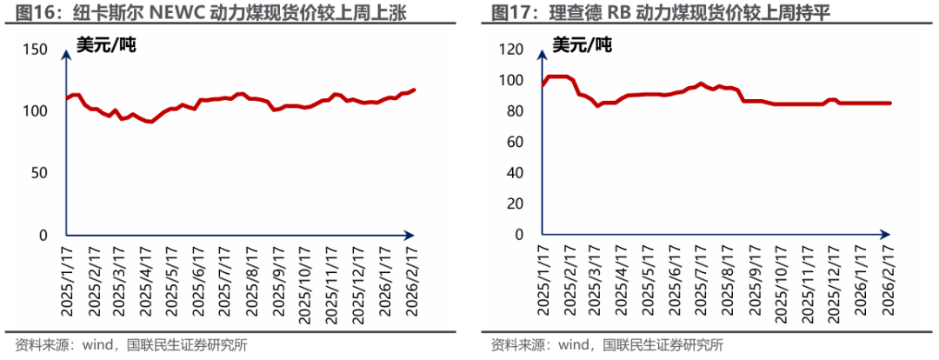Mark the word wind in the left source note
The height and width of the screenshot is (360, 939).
(98, 344)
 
